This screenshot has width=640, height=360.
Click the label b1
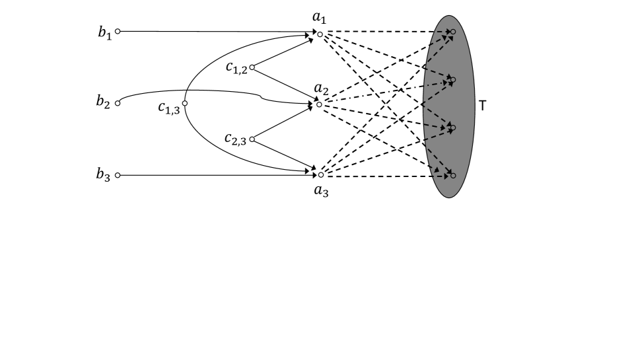pos(104,34)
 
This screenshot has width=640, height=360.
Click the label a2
pos(322,89)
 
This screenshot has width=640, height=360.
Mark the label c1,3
pos(168,109)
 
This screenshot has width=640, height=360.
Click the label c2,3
pos(235,139)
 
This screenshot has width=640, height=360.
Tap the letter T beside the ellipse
pos(483,105)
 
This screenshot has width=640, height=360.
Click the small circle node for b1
pos(118,31)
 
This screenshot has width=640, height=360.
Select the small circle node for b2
pos(118,102)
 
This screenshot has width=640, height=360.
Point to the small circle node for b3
pos(118,176)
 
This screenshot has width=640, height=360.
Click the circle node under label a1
pos(320,34)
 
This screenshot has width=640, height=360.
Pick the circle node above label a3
pos(321,175)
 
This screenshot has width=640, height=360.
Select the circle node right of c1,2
pos(252,67)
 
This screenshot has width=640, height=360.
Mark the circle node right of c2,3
pos(252,139)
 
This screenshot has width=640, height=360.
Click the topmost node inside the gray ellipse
pos(453,32)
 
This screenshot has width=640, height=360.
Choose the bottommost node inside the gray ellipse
pos(453,175)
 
